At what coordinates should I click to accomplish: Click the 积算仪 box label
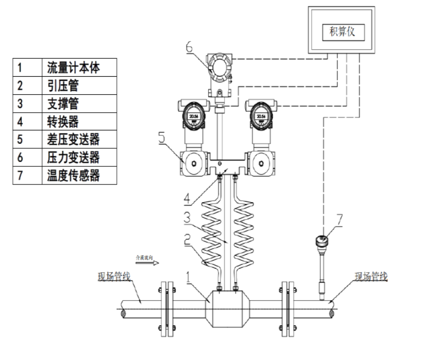click(x=341, y=33)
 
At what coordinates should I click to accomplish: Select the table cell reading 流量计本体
click(x=73, y=68)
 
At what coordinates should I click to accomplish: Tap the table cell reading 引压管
click(x=63, y=86)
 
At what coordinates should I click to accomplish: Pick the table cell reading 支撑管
click(x=63, y=104)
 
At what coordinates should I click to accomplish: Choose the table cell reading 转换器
click(x=63, y=122)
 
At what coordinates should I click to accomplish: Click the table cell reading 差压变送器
click(x=73, y=139)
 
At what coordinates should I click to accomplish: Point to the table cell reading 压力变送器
click(x=73, y=157)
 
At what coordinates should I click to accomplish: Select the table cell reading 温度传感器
click(x=73, y=175)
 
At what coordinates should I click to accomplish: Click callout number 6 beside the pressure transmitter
click(x=189, y=48)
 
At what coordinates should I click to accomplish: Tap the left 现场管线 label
click(x=114, y=277)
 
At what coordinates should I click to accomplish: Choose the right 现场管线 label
click(x=371, y=276)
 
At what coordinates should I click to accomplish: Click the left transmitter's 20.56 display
click(x=193, y=116)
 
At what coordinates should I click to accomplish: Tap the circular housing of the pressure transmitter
click(x=219, y=69)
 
